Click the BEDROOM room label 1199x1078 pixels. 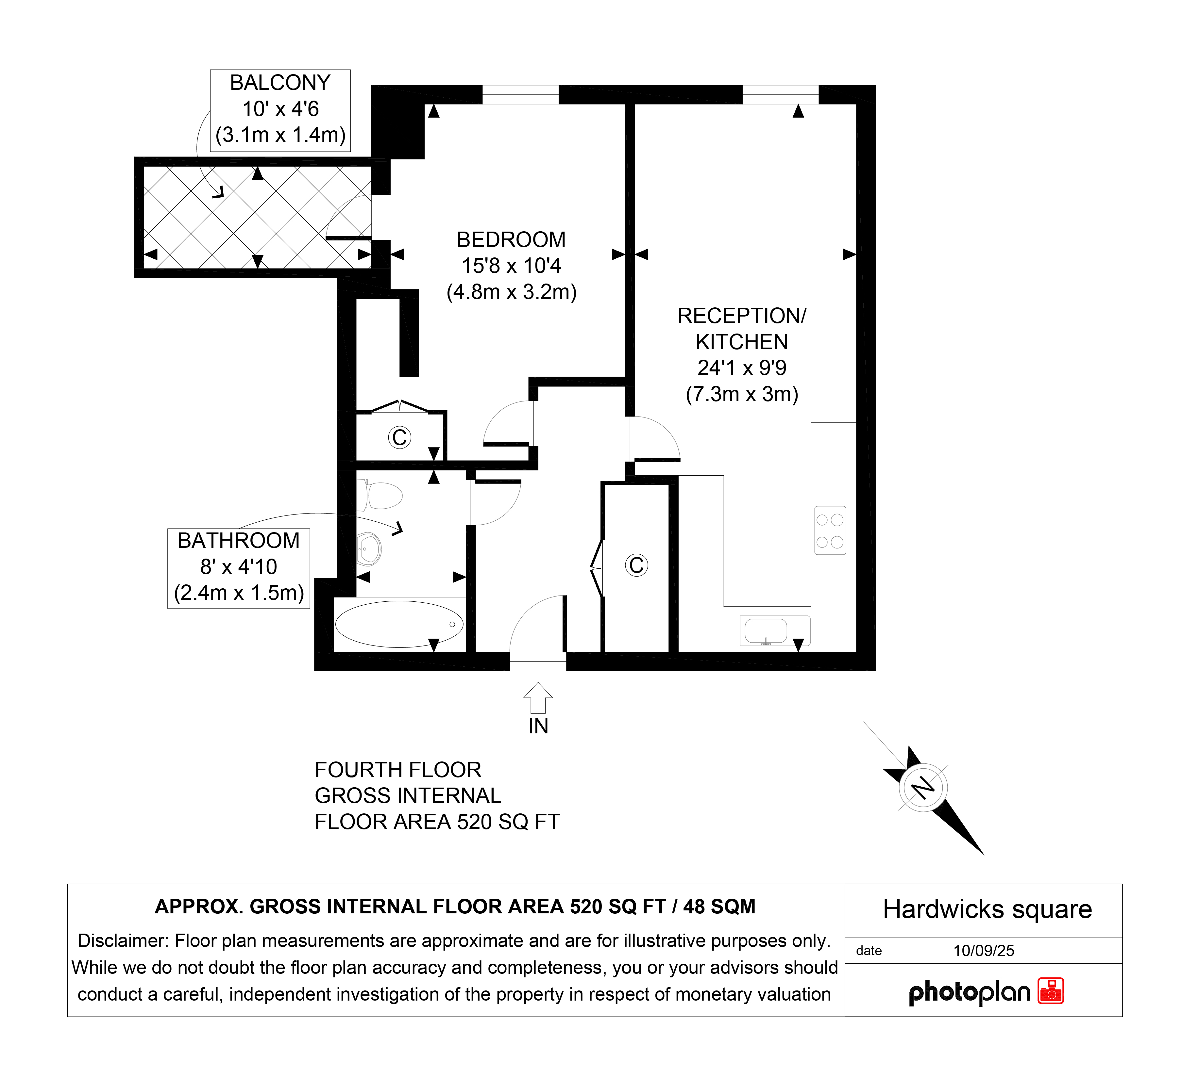point(511,240)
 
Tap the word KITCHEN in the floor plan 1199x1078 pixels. point(741,342)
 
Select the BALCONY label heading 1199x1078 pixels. point(280,83)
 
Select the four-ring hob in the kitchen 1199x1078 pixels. point(830,531)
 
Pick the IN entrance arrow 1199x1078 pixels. point(538,698)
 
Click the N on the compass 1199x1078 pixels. point(922,788)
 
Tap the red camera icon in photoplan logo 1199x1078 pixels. point(1051,991)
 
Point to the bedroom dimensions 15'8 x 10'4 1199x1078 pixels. point(511,266)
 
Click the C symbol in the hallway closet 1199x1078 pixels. point(636,565)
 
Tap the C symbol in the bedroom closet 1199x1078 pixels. point(399,438)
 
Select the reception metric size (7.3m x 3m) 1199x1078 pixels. point(742,394)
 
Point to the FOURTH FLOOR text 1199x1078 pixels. point(398,770)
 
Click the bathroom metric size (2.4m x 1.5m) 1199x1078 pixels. point(239,592)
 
